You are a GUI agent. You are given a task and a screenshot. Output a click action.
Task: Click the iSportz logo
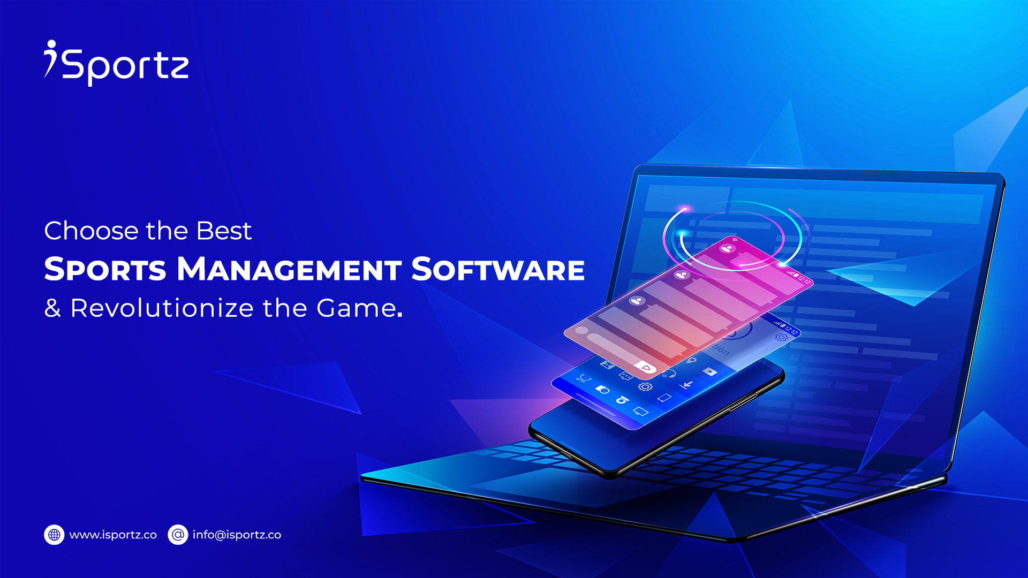coord(116,63)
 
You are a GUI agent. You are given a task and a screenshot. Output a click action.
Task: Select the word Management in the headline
coord(289,269)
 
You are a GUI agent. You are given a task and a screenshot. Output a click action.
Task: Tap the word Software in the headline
coord(498,269)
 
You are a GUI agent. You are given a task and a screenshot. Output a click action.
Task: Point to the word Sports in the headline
coord(105,269)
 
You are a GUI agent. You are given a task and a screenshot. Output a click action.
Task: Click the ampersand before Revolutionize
coord(52,309)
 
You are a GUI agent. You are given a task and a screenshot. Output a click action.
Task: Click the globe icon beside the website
coord(54,535)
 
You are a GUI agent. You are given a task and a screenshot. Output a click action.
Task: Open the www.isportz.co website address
coord(113,535)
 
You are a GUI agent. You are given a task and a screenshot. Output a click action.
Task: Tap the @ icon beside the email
coord(178,535)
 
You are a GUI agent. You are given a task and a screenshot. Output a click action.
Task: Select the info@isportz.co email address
coord(237,535)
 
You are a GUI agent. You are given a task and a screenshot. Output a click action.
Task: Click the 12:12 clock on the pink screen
coord(804,279)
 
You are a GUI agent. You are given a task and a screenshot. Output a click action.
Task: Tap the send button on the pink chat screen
coord(646,368)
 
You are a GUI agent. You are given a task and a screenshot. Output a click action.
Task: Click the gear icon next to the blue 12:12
coord(781,337)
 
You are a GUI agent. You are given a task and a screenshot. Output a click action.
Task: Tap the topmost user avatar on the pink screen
coord(727,248)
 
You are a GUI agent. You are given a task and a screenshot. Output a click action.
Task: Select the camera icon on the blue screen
coord(602,389)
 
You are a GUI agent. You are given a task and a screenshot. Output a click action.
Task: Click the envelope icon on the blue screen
coord(607,365)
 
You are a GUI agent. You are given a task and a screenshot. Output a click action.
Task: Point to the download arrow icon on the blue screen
coord(686,385)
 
